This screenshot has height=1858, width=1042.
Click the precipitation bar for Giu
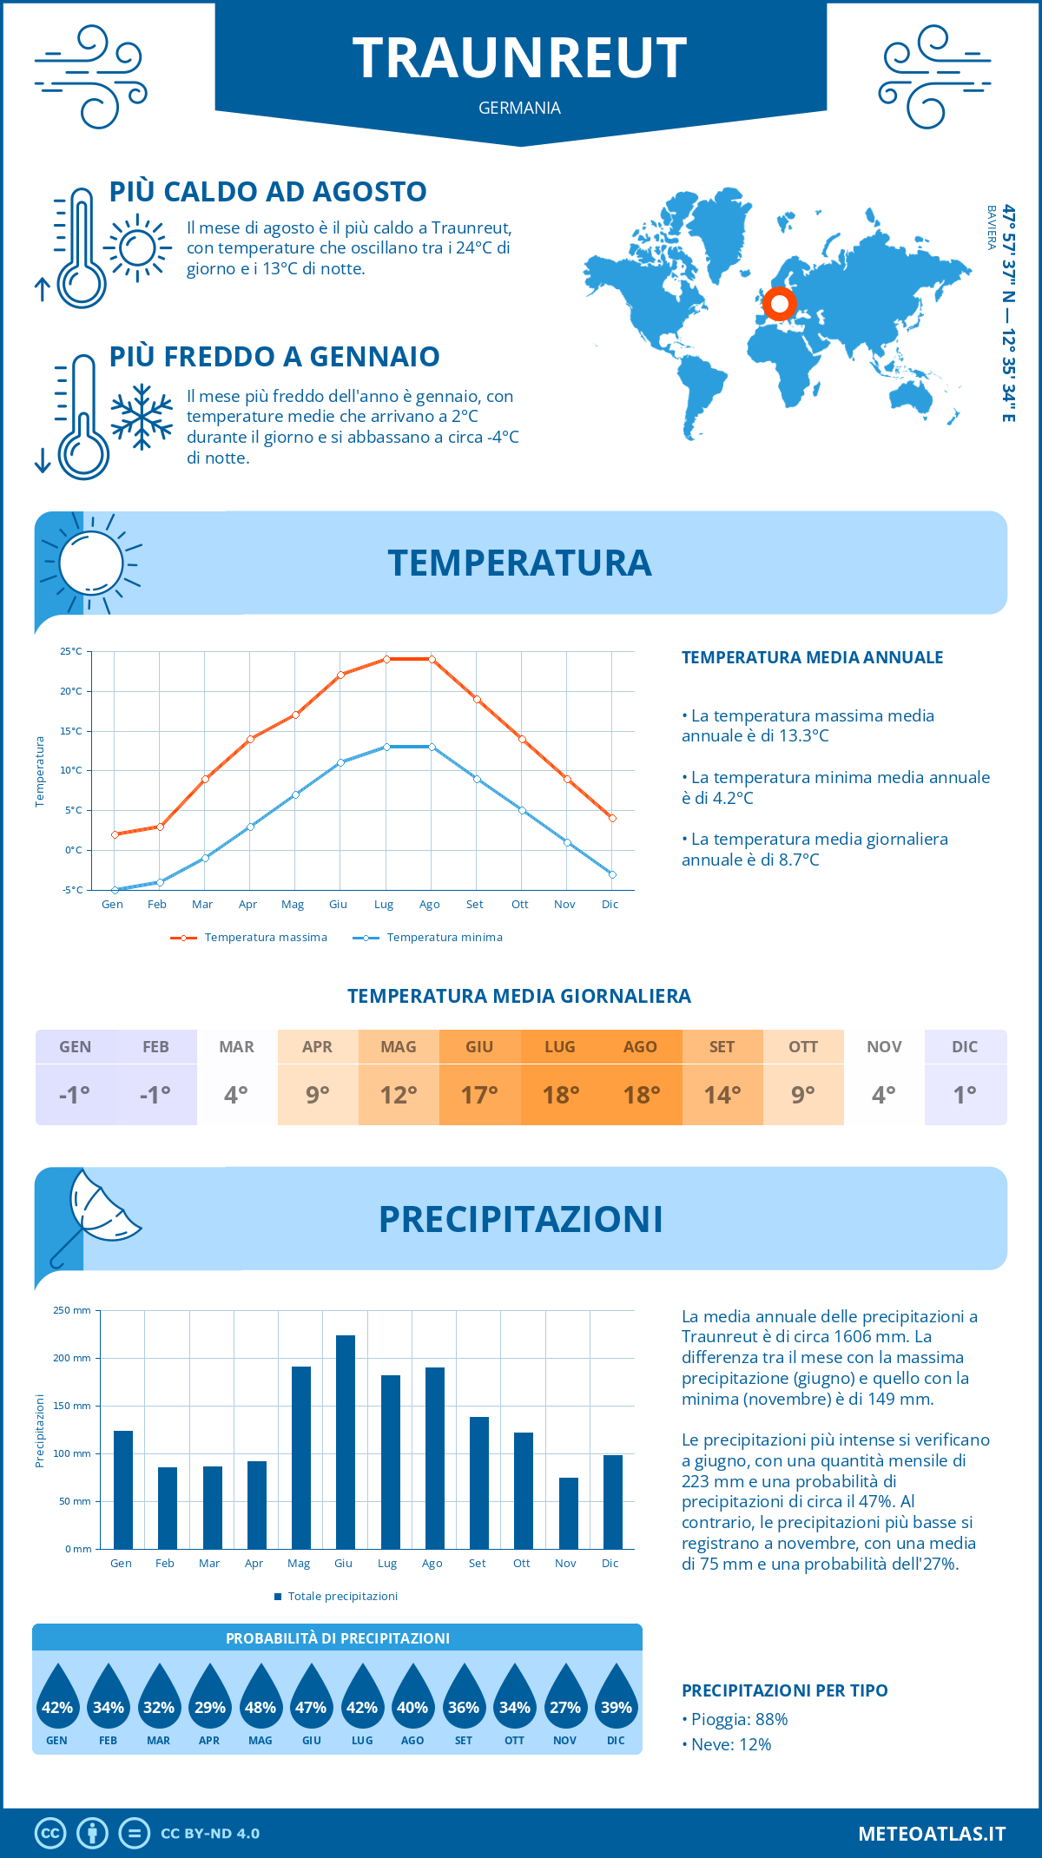345,1441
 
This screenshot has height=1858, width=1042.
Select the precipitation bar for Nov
568,1512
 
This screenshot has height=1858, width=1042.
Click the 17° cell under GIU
479,1095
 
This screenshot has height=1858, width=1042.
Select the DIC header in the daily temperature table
965,1047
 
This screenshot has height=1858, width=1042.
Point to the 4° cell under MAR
236,1095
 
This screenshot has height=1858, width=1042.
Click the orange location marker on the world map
779,304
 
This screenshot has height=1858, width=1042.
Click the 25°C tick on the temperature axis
71,651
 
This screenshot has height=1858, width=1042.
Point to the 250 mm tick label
72,1310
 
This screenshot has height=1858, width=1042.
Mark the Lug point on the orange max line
386,659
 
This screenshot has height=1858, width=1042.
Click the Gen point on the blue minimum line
115,890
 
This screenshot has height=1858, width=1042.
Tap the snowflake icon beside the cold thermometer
142,417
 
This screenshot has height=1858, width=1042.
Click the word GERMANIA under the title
519,108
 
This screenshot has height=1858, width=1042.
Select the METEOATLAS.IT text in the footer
931,1834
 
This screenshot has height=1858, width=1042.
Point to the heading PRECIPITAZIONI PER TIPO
784,1690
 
